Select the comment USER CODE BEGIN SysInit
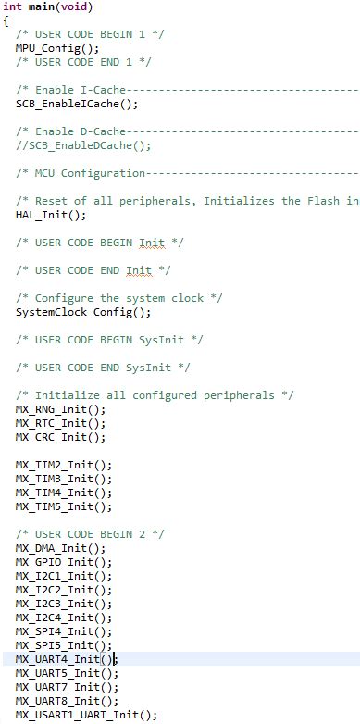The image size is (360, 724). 102,340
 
